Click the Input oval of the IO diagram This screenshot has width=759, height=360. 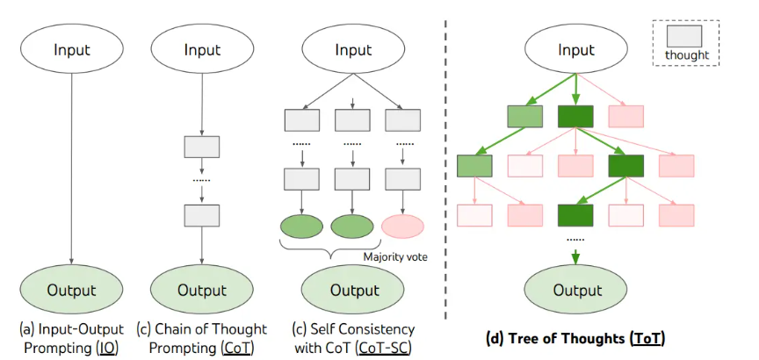(72, 49)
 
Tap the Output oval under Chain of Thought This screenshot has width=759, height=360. (202, 291)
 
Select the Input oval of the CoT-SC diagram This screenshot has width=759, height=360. (353, 49)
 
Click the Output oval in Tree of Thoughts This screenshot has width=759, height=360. (577, 291)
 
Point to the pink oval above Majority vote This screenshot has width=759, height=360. (402, 227)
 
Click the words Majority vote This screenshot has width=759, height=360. (395, 257)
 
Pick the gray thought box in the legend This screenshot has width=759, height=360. (684, 37)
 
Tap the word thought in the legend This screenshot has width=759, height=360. (686, 55)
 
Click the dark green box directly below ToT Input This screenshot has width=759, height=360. (575, 116)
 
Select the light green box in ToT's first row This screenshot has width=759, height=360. (525, 116)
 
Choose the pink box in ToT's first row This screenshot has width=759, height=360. (625, 116)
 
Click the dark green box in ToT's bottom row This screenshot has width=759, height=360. (575, 215)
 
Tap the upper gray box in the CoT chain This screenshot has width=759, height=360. (202, 147)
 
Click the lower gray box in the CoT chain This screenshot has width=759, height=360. (202, 215)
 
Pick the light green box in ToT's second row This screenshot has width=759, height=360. (474, 166)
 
